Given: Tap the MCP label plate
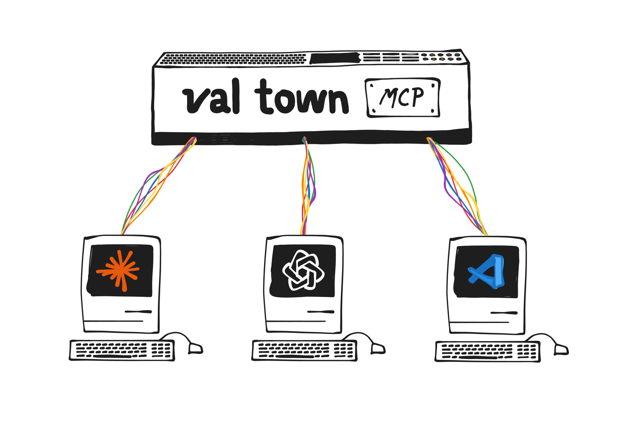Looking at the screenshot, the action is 402,98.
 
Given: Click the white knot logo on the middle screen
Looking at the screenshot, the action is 303,271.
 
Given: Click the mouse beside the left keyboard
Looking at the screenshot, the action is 195,348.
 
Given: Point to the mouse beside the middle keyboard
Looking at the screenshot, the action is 378,349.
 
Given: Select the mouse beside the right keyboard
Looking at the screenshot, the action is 561,349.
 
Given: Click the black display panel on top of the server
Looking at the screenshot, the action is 333,58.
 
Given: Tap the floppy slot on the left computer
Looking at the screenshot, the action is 138,311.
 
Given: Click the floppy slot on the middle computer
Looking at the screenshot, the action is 321,312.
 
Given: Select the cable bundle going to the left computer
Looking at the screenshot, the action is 157,186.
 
